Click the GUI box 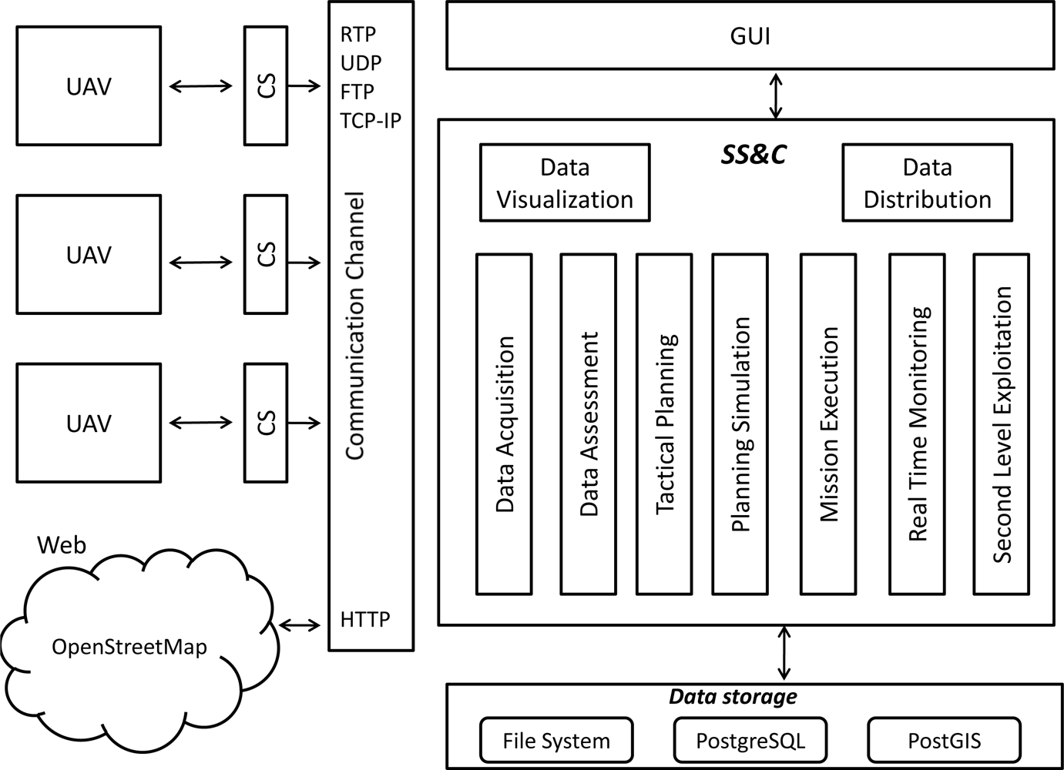pos(750,36)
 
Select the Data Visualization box pos(565,183)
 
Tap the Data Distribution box pos(927,183)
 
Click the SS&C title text pos(754,155)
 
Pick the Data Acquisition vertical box pos(504,424)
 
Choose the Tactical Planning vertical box pos(664,424)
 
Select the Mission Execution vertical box pos(828,424)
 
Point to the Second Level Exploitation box pos(1001,424)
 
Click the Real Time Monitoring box pos(917,424)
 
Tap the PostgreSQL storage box pos(750,741)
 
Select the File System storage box pos(556,741)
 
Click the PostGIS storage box pos(944,741)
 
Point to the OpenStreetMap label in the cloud pos(129,647)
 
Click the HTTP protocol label pos(365,620)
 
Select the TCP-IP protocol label pos(371,121)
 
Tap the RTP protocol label pos(357,35)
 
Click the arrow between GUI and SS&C pos(776,95)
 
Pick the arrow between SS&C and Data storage pos(784,653)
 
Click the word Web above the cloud pos(62,545)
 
